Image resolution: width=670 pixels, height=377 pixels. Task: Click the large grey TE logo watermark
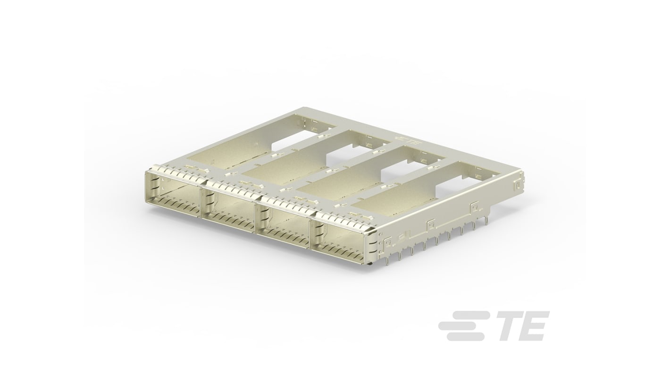click(494, 326)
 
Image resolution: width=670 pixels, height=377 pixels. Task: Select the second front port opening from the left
click(230, 208)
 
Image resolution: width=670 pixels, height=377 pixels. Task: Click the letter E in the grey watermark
click(531, 326)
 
